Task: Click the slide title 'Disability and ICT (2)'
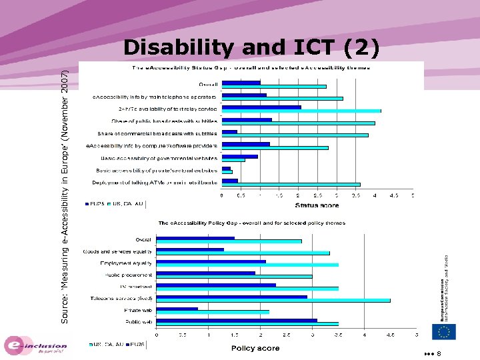(x=252, y=47)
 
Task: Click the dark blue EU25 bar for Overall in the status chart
(x=241, y=83)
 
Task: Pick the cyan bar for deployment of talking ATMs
(x=291, y=184)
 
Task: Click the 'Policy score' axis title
(x=255, y=348)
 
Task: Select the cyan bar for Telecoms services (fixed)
(x=273, y=301)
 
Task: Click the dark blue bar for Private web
(x=177, y=309)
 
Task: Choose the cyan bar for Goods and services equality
(x=243, y=253)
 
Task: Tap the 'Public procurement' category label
(x=128, y=275)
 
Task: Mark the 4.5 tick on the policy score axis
(x=391, y=335)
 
